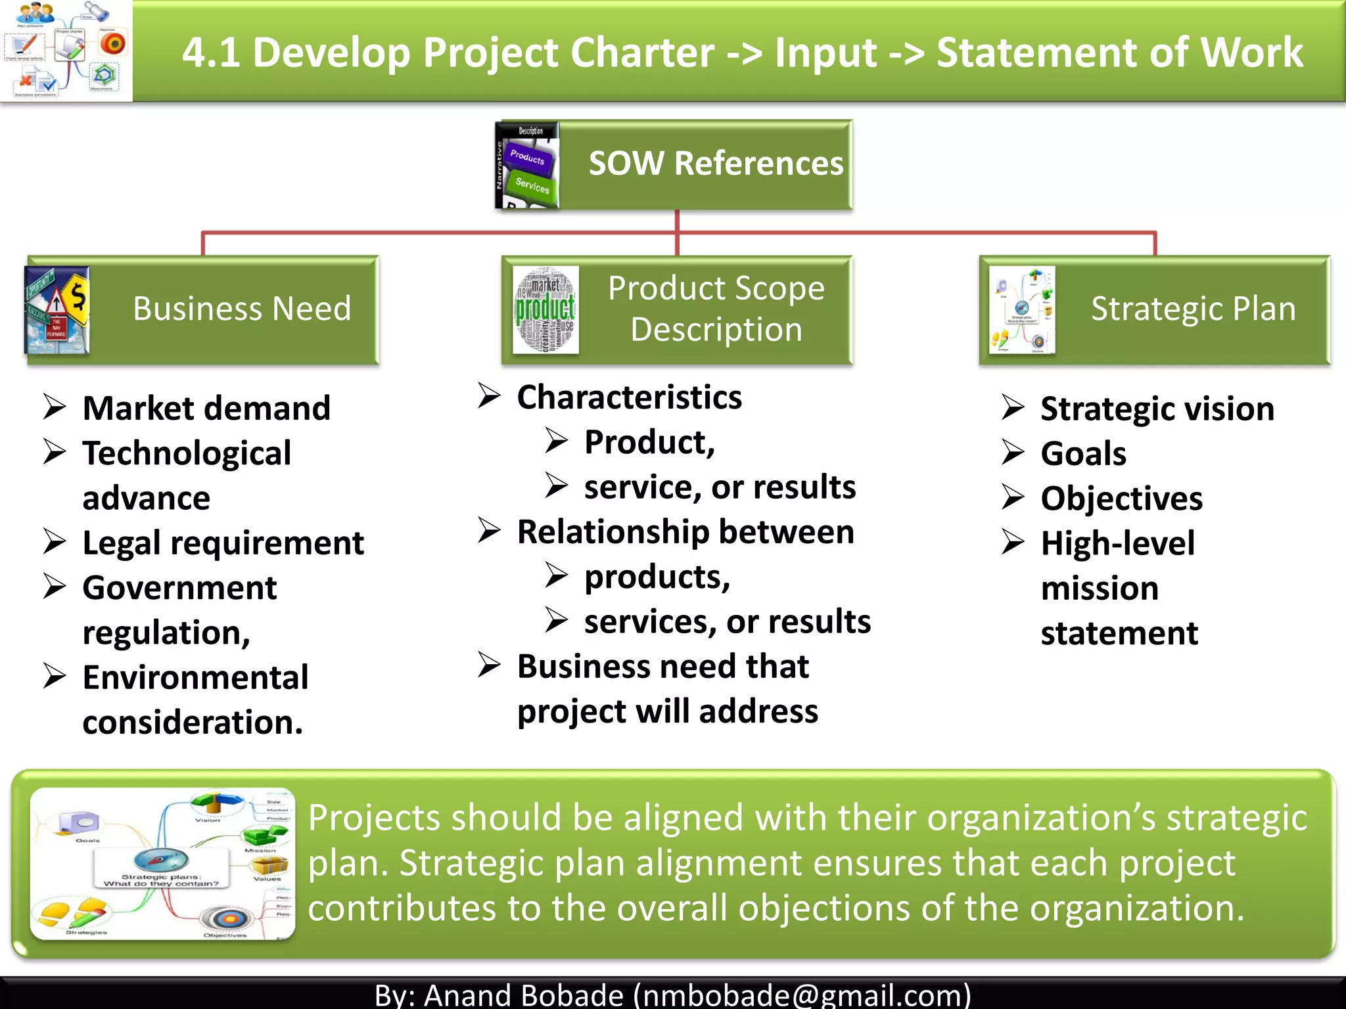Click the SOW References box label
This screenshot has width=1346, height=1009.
pyautogui.click(x=715, y=164)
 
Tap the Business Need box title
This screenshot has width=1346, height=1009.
pyautogui.click(x=242, y=309)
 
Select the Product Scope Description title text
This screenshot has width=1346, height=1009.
pyautogui.click(x=716, y=309)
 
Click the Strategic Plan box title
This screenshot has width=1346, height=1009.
pyautogui.click(x=1193, y=309)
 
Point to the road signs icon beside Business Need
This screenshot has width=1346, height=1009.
pyautogui.click(x=57, y=310)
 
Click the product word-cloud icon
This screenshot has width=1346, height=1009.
pyautogui.click(x=545, y=310)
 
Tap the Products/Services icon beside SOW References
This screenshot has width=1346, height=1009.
pyautogui.click(x=528, y=165)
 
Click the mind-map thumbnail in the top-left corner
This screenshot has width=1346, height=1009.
pyautogui.click(x=66, y=50)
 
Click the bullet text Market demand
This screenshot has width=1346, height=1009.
pyautogui.click(x=206, y=409)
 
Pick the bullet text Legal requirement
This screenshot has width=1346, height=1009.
pyautogui.click(x=223, y=543)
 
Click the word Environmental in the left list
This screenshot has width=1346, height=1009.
pyautogui.click(x=195, y=677)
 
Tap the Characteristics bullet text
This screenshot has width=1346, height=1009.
pyautogui.click(x=629, y=397)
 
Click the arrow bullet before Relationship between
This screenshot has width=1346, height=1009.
pyautogui.click(x=489, y=531)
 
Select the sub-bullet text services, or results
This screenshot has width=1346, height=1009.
pyautogui.click(x=727, y=621)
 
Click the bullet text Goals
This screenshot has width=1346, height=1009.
pyautogui.click(x=1083, y=454)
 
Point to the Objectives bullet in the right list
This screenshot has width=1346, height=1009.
pyautogui.click(x=1121, y=499)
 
